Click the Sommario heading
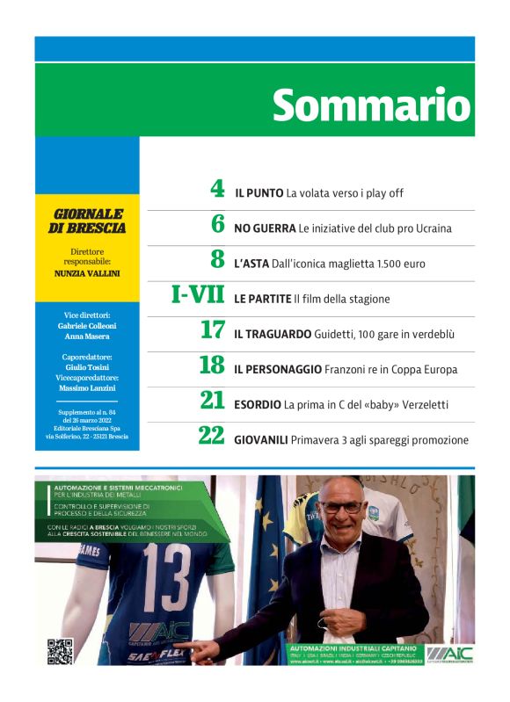tap(372, 105)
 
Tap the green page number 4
tap(218, 190)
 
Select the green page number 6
tap(218, 225)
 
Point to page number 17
tap(213, 331)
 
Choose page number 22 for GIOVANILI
tap(212, 437)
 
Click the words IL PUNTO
tap(259, 192)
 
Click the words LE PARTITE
tap(262, 299)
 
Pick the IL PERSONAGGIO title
tap(278, 369)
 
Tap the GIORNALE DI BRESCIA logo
tap(86, 221)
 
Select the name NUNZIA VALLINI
tap(86, 272)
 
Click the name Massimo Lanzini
tap(86, 388)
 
